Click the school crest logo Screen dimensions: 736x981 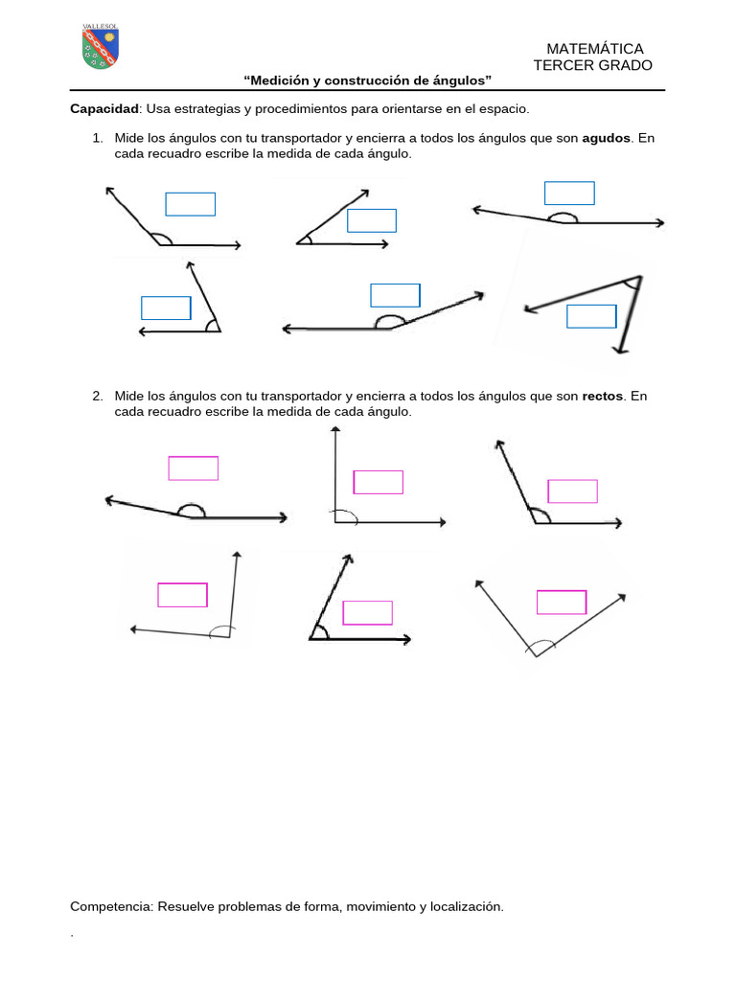(100, 47)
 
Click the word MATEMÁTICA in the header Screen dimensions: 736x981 (594, 49)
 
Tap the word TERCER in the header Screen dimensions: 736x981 (557, 65)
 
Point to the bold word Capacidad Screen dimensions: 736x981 (104, 109)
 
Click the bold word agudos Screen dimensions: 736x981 (606, 138)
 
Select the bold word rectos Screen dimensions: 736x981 (602, 396)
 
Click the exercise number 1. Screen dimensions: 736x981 (97, 138)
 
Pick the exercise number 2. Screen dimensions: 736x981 (97, 396)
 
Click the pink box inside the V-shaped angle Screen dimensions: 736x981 (562, 602)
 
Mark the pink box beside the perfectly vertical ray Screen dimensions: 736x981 (378, 483)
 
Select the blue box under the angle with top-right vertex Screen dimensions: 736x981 (591, 316)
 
